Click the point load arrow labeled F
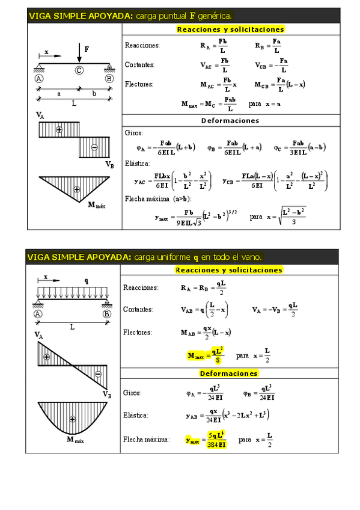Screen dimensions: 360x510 tap(79, 52)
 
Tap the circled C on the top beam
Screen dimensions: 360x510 tap(79, 70)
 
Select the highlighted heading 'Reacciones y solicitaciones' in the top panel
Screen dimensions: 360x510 tap(231, 29)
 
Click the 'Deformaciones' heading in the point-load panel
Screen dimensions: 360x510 tap(230, 120)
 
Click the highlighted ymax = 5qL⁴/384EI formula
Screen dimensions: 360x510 tap(207, 440)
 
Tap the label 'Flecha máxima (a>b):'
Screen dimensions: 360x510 tap(158, 198)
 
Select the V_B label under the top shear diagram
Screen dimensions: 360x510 tap(109, 164)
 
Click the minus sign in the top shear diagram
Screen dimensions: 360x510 tap(94, 147)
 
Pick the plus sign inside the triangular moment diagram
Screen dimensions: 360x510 tap(76, 190)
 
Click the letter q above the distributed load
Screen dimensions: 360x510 tap(86, 280)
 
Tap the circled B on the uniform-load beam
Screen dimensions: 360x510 tap(107, 314)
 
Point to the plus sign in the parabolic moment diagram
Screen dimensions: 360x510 tap(72, 419)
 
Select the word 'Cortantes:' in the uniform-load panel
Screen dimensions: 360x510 tap(138, 309)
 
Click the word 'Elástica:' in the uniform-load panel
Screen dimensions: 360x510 tap(136, 415)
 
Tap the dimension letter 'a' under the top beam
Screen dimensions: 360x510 tap(59, 93)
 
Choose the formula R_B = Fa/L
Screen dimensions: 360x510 tap(268, 45)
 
